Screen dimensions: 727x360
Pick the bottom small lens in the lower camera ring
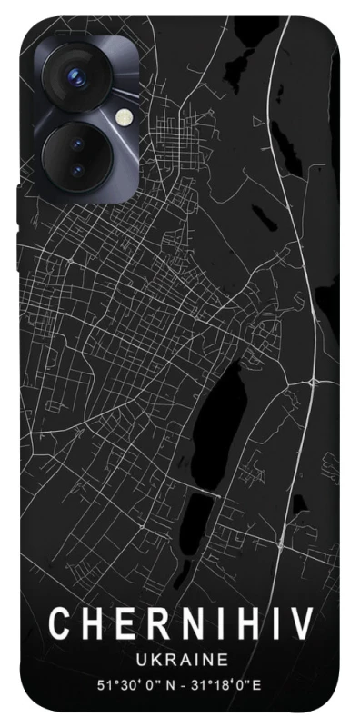[x=75, y=169]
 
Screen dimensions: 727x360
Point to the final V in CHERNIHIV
[x=300, y=625]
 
